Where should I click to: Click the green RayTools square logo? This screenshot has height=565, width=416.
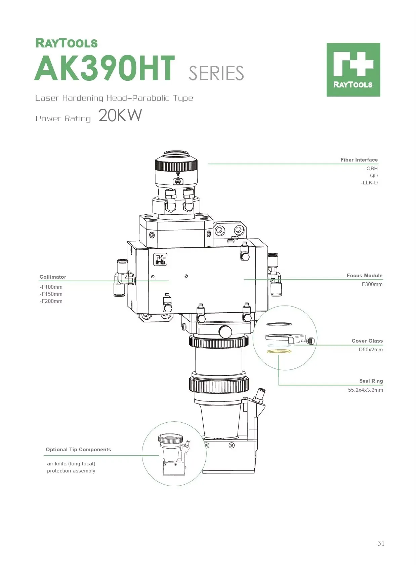353,70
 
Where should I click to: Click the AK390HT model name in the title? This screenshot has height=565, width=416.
105,68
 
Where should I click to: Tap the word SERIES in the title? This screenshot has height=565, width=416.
216,73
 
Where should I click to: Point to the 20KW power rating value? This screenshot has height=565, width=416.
120,115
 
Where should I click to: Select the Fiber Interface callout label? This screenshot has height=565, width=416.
359,160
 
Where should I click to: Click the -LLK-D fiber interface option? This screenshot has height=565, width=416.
369,183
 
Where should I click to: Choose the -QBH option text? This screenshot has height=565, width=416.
371,169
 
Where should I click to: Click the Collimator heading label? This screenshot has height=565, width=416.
53,277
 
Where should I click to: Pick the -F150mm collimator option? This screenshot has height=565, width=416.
51,294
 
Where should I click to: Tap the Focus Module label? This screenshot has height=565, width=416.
364,276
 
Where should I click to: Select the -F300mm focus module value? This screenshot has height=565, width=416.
371,284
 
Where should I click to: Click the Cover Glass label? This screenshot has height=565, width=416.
367,341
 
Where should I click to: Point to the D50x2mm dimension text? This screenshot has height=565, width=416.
370,350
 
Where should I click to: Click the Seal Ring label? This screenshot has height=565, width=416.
371,381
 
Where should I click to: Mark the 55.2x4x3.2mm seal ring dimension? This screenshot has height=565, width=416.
365,390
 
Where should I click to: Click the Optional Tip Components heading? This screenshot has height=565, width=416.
78,450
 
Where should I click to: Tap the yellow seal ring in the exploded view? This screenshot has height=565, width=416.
279,351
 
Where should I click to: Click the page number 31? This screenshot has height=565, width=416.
381,543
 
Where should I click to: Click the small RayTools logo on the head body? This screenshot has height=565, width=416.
160,260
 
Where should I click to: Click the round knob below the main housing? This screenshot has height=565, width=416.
225,332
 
